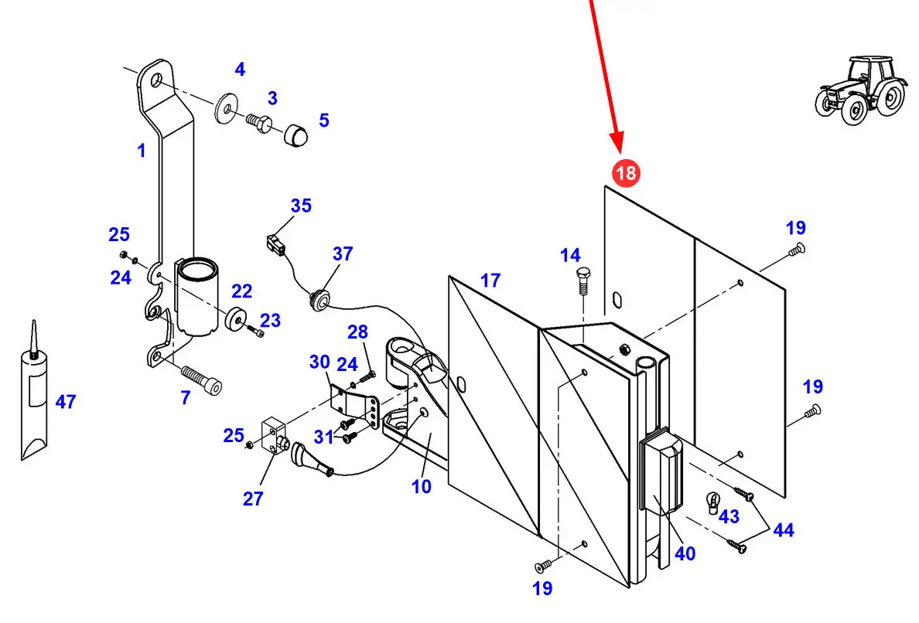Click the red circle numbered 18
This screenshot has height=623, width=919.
pyautogui.click(x=625, y=172)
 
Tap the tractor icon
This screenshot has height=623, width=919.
pyautogui.click(x=859, y=89)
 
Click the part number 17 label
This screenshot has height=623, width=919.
pyautogui.click(x=490, y=281)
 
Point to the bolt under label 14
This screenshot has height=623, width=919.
pyautogui.click(x=582, y=282)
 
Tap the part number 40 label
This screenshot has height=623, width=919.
pyautogui.click(x=685, y=553)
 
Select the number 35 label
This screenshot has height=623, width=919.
pyautogui.click(x=301, y=206)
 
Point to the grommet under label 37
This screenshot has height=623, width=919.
pyautogui.click(x=319, y=300)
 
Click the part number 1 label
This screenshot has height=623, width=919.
pyautogui.click(x=141, y=151)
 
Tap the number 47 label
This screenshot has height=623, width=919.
pyautogui.click(x=66, y=402)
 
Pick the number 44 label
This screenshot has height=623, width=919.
pyautogui.click(x=783, y=530)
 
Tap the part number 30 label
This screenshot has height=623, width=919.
pyautogui.click(x=319, y=362)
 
